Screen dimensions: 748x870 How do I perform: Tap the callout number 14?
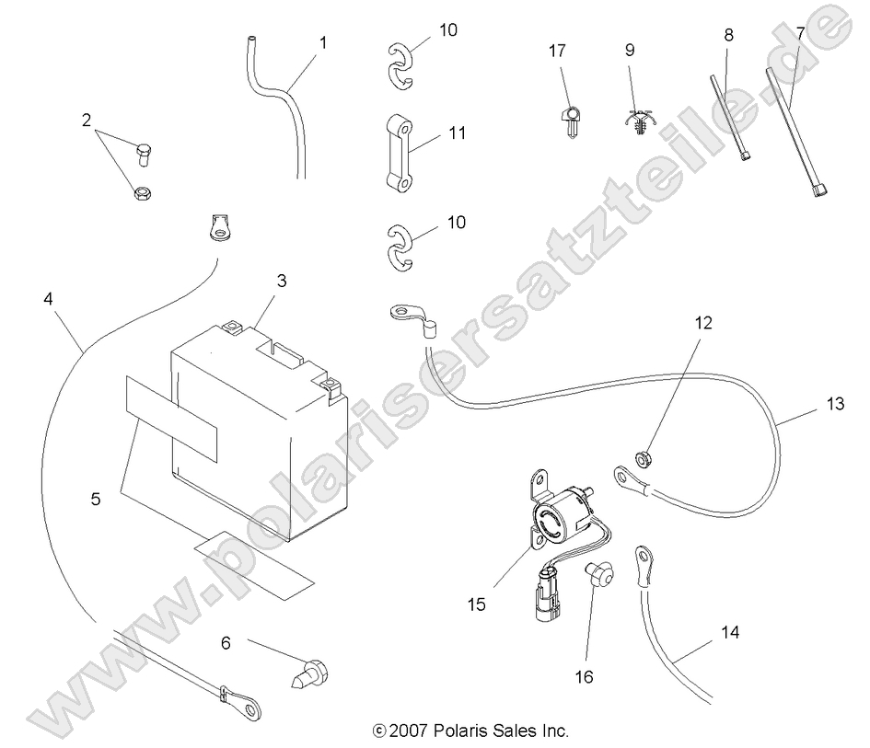730,634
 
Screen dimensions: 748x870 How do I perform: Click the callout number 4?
48,299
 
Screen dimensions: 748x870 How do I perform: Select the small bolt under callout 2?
144,155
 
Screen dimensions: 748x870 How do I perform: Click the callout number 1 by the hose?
322,42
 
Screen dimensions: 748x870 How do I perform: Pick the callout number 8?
729,35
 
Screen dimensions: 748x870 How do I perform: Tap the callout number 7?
800,33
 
